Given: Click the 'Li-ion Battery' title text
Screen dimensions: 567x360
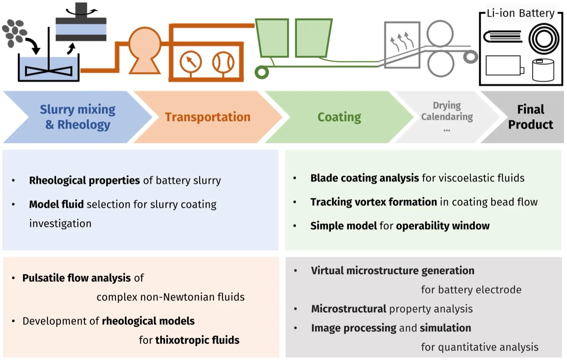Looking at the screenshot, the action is (x=521, y=13).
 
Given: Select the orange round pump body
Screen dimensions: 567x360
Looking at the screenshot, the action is (x=145, y=43).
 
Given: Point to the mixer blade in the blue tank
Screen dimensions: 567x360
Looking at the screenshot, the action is (x=49, y=71).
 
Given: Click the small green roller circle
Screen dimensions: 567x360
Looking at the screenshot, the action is (x=262, y=72).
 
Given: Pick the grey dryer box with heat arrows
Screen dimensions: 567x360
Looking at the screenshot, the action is (x=402, y=45).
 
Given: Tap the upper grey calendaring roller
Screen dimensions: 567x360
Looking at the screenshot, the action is (x=440, y=33).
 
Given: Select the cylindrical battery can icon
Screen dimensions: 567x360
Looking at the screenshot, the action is (x=543, y=70).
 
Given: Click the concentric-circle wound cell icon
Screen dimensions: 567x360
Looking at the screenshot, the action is (x=544, y=39).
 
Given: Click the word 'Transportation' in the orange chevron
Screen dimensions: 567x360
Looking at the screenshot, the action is (x=208, y=117).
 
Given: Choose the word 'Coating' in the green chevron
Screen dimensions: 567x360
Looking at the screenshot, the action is (x=339, y=117).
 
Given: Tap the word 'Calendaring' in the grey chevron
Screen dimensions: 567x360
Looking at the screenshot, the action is (x=447, y=117).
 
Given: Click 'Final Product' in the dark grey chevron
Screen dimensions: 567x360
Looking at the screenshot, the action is (x=530, y=117).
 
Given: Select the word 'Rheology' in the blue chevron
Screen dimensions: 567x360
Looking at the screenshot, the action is (x=84, y=125).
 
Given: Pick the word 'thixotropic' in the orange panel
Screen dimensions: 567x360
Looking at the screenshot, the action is (x=182, y=340).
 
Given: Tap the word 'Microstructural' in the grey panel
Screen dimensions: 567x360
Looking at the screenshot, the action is (x=349, y=309).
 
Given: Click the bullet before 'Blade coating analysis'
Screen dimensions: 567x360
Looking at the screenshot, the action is (x=294, y=178).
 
